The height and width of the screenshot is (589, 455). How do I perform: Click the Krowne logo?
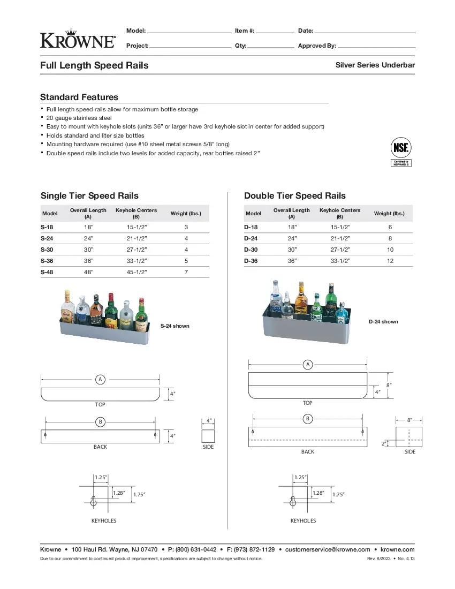78,39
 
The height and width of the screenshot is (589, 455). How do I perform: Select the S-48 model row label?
47,272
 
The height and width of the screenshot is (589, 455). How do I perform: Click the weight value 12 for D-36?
390,261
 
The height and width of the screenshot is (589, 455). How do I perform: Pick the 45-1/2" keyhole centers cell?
136,272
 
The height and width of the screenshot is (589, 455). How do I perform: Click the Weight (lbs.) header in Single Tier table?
186,214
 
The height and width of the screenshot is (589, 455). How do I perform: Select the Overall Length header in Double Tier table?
291,213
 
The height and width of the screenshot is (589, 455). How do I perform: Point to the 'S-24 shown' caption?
175,326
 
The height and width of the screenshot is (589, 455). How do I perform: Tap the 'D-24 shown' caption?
383,322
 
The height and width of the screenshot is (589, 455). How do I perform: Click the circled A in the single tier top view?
100,380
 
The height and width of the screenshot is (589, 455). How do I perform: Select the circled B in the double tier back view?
308,418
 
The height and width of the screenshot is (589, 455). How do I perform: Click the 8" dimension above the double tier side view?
409,420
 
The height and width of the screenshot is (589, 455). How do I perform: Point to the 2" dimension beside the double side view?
384,444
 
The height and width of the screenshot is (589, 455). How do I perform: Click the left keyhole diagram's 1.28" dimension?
119,493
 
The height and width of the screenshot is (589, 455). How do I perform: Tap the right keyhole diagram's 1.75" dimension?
338,495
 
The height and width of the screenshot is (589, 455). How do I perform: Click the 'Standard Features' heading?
79,97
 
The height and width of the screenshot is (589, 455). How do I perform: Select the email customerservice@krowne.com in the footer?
328,549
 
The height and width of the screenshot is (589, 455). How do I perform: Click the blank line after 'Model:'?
189,31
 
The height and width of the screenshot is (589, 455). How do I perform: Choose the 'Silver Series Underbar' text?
375,65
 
